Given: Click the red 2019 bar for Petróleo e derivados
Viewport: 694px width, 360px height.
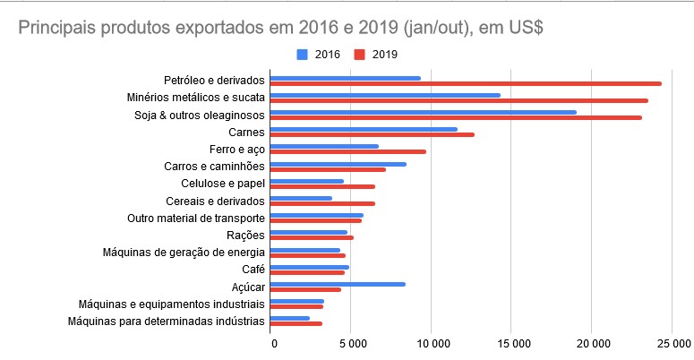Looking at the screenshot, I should click(x=466, y=83).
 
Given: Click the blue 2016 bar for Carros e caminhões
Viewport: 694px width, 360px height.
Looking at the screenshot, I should click(x=338, y=164).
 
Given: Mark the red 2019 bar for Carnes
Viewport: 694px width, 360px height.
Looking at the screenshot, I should click(x=372, y=134).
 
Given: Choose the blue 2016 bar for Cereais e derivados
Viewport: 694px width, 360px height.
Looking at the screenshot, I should click(x=301, y=198).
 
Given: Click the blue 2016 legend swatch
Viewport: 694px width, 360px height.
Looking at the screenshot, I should click(x=301, y=55).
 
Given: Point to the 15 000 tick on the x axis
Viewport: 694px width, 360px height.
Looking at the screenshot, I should click(x=512, y=344).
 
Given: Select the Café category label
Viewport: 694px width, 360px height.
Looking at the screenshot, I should click(x=253, y=270).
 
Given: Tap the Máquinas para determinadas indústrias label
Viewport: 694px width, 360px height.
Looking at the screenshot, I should click(x=167, y=321).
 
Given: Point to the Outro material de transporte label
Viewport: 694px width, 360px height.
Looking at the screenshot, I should click(x=197, y=219).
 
